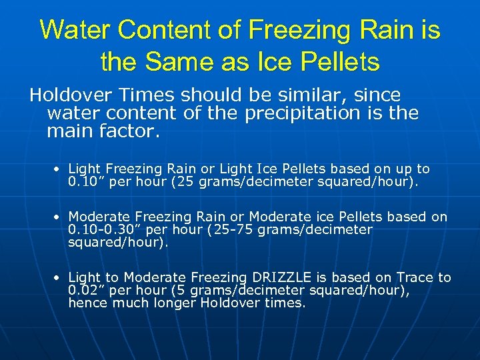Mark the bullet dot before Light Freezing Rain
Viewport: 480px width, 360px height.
[59, 169]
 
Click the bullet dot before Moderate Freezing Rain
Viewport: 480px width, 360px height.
[59, 217]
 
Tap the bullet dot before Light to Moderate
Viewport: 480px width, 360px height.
[59, 277]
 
